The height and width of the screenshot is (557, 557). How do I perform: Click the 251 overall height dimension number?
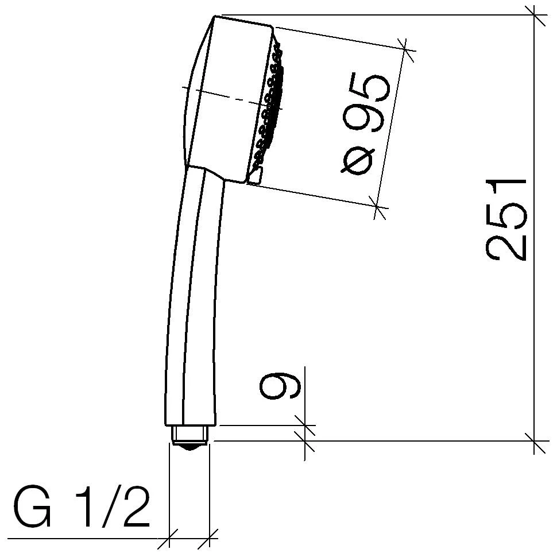coord(505,219)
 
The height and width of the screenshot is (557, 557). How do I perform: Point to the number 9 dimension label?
coord(280,385)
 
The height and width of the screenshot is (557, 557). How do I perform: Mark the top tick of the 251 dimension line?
coord(535,16)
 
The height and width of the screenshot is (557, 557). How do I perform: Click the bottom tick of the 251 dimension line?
coord(535,441)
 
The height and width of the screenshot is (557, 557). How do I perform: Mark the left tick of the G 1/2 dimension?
coord(169,539)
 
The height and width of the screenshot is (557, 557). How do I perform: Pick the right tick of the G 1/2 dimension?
coord(210,539)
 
